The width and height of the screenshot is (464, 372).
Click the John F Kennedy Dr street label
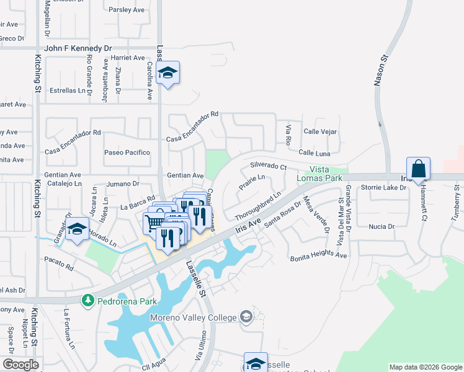click(x=78, y=48)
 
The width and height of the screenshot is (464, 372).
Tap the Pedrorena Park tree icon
click(x=88, y=301)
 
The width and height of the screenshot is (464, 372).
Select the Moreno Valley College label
click(x=193, y=317)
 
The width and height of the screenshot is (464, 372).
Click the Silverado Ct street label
click(x=269, y=167)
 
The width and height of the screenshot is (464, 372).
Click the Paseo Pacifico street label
click(x=127, y=153)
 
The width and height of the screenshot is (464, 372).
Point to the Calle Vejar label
click(x=320, y=131)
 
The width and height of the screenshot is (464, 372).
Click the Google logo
click(x=20, y=364)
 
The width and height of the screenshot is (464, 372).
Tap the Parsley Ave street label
click(x=126, y=10)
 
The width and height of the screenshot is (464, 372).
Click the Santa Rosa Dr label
click(x=282, y=215)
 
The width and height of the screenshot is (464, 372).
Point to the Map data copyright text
click(x=425, y=367)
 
